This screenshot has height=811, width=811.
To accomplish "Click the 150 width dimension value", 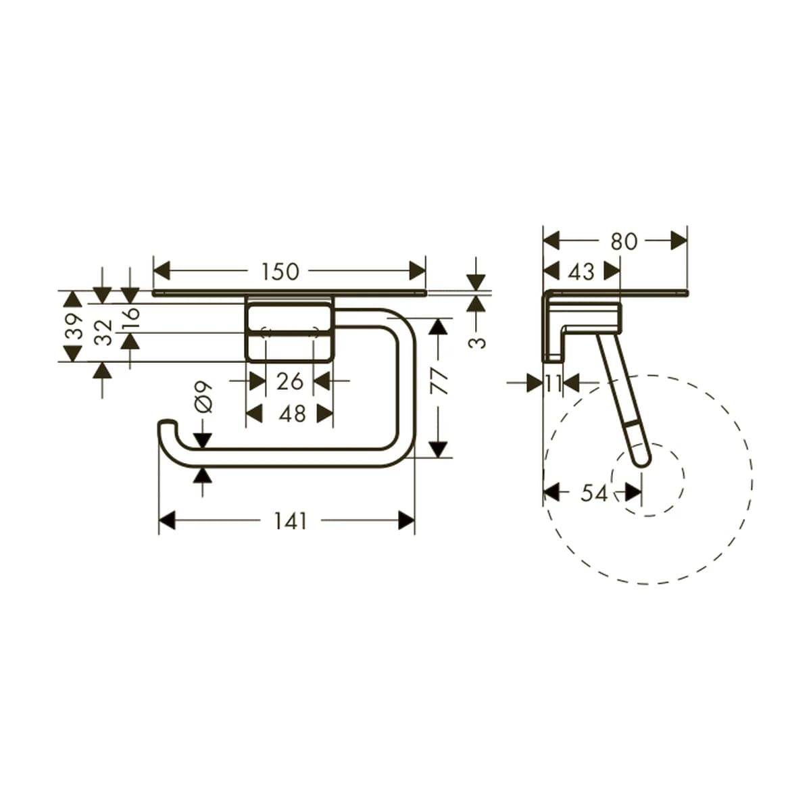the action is (280, 272).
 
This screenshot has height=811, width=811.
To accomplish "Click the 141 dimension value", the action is (291, 522).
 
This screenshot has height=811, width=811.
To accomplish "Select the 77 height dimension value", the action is (439, 381).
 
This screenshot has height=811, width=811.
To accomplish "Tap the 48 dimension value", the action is (292, 414).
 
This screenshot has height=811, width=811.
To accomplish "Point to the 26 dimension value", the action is (290, 381).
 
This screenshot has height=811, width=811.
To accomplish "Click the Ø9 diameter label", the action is (203, 397).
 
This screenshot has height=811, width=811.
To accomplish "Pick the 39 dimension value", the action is (74, 326).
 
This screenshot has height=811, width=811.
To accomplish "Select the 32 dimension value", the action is (103, 333).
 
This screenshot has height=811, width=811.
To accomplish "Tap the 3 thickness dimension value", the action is (477, 343).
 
